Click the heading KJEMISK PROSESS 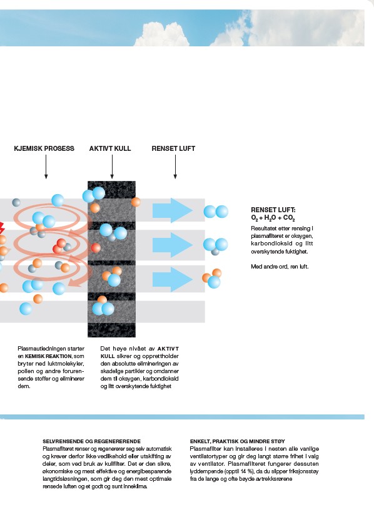(44, 148)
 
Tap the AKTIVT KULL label (110, 148)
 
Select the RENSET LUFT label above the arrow (173, 148)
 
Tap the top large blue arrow (173, 210)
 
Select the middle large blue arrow (173, 245)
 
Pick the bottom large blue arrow (173, 279)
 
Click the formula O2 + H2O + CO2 (273, 218)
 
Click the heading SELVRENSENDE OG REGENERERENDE (92, 441)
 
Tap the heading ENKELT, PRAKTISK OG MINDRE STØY (238, 441)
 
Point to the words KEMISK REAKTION (48, 356)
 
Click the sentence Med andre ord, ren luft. (280, 267)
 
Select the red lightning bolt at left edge (2, 228)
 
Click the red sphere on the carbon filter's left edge (96, 248)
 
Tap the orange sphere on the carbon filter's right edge (136, 202)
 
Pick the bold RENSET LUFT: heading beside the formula (273, 210)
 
